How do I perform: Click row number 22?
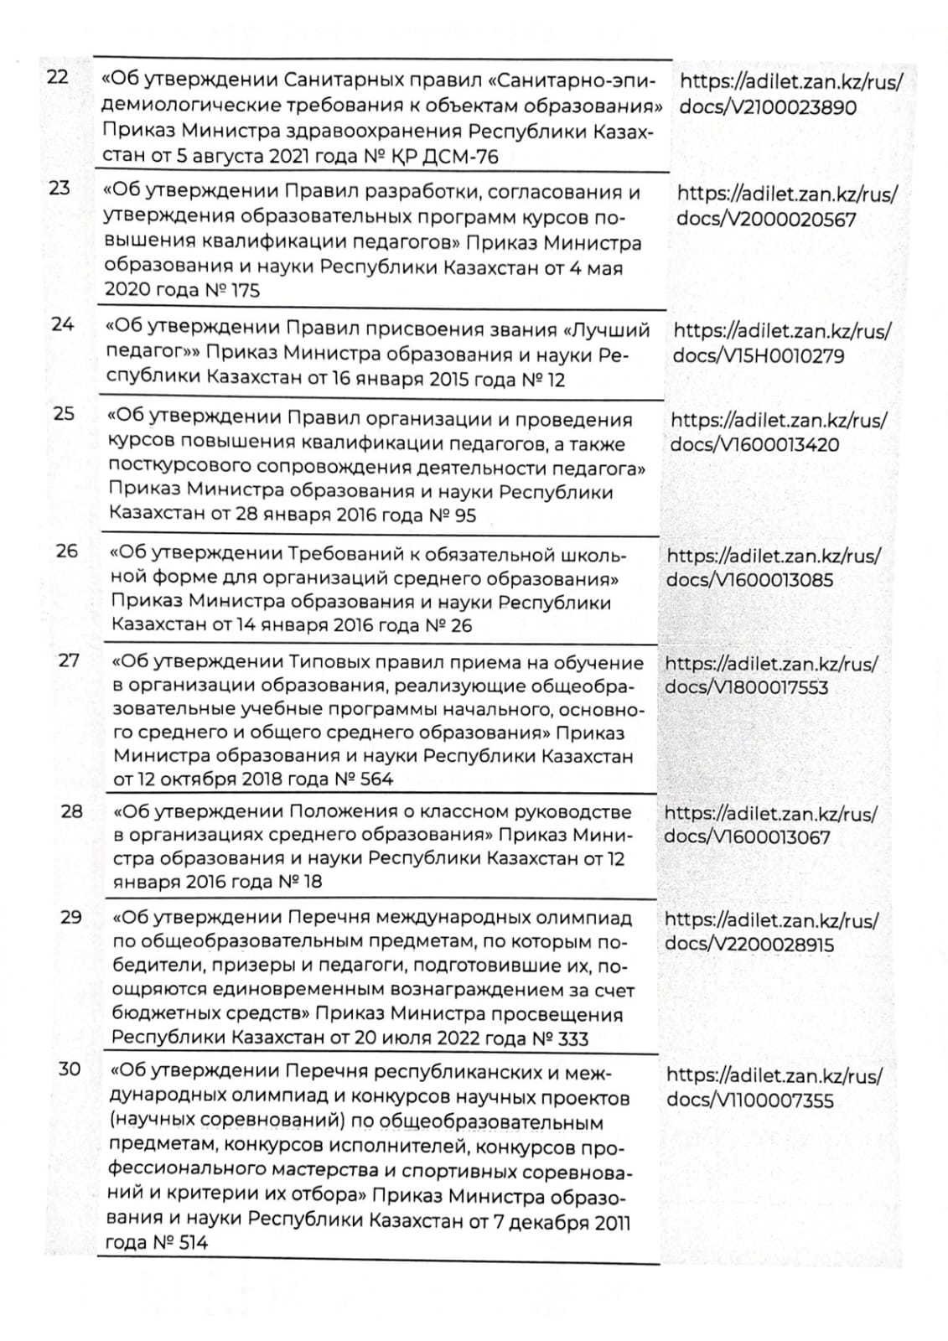pos(57,78)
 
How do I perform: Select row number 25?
pos(64,413)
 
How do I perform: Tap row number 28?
pos(72,810)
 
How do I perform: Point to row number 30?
pos(70,1069)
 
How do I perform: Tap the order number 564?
pos(372,779)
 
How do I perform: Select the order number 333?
pos(572,1039)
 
